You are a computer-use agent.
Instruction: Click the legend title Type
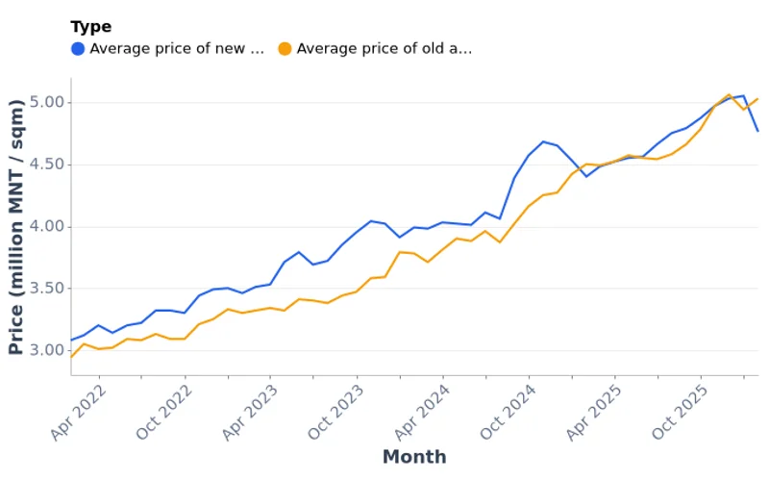point(90,27)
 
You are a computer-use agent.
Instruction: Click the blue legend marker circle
point(78,49)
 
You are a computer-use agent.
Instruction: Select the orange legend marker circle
point(285,49)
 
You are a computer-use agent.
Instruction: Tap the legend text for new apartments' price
point(176,49)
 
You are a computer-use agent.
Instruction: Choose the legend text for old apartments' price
point(384,49)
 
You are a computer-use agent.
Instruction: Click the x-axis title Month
point(414,457)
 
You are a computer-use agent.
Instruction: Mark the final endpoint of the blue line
point(757,131)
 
